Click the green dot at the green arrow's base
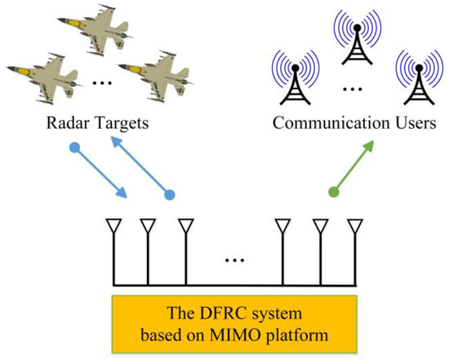point(333,193)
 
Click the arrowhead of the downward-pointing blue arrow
point(123,194)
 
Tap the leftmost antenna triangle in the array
point(113,225)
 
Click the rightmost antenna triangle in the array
point(353,225)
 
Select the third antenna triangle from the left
point(185,225)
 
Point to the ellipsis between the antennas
point(234,261)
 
